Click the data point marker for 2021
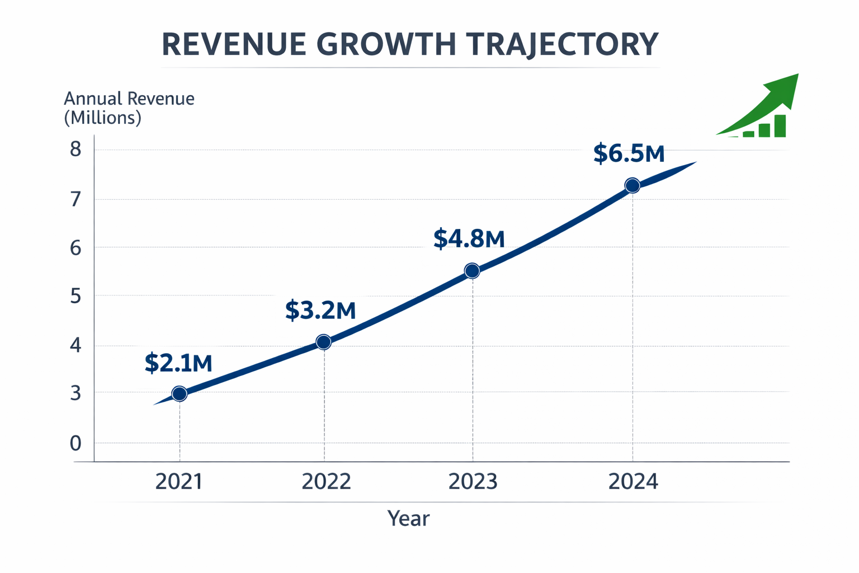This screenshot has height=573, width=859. pyautogui.click(x=180, y=394)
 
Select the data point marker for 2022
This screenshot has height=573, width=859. pyautogui.click(x=323, y=342)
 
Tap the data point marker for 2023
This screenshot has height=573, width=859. pyautogui.click(x=472, y=271)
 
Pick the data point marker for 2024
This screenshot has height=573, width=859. pyautogui.click(x=632, y=186)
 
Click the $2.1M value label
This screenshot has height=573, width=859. pyautogui.click(x=178, y=363)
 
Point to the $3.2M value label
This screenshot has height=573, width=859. pyautogui.click(x=320, y=310)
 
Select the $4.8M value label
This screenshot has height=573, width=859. pyautogui.click(x=469, y=239)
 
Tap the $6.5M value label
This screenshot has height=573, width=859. pyautogui.click(x=629, y=153)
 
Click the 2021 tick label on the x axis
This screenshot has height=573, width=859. pyautogui.click(x=179, y=482)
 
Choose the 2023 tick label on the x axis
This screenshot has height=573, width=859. pyautogui.click(x=473, y=482)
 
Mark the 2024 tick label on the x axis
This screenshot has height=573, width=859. pyautogui.click(x=633, y=482)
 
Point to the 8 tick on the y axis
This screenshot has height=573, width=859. pyautogui.click(x=76, y=149)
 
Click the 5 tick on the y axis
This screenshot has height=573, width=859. pyautogui.click(x=76, y=296)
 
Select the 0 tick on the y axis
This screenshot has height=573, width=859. pyautogui.click(x=76, y=443)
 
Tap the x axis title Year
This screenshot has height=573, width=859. pyautogui.click(x=408, y=519)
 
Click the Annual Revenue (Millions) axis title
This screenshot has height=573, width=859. pyautogui.click(x=129, y=108)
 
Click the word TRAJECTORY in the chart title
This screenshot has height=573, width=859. pyautogui.click(x=561, y=45)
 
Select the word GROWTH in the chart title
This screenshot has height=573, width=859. pyautogui.click(x=385, y=45)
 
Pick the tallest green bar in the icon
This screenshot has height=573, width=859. pyautogui.click(x=780, y=126)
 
